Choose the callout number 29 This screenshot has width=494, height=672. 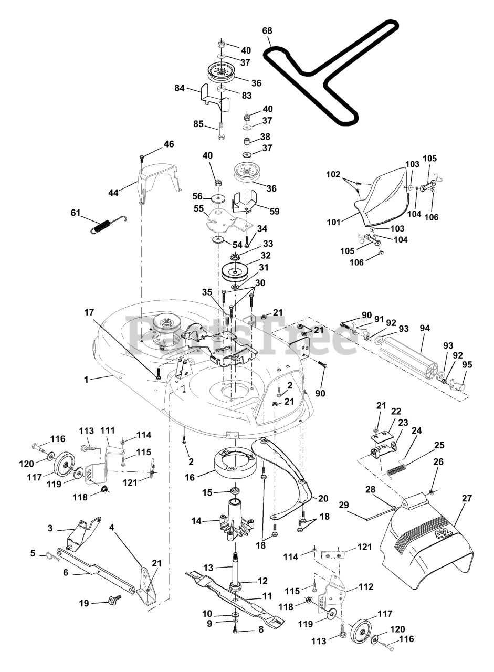click(x=344, y=505)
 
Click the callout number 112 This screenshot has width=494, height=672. click(x=366, y=586)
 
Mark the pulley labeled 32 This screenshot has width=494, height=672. click(x=235, y=270)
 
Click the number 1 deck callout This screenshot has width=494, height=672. click(x=86, y=379)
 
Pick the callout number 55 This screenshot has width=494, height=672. click(x=198, y=208)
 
